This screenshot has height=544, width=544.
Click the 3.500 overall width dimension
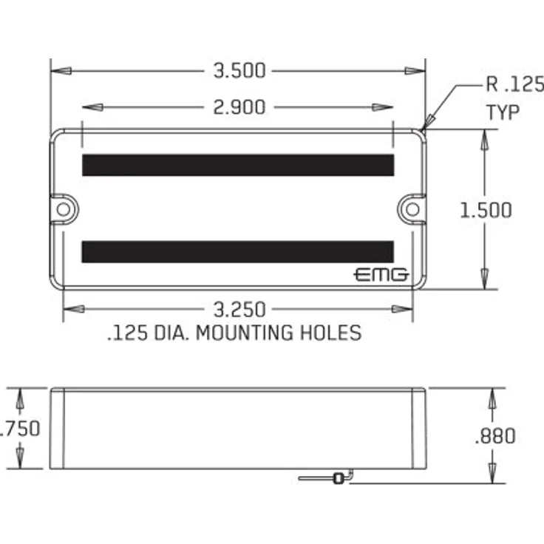click(239, 71)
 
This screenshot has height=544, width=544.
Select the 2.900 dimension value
click(239, 107)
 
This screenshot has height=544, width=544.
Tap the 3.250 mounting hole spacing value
click(239, 310)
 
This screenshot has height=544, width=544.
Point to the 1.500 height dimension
click(486, 210)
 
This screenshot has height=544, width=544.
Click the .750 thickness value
click(19, 429)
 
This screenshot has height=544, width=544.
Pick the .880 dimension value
click(495, 436)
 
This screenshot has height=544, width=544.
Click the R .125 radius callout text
click(515, 84)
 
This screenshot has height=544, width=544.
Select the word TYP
click(503, 112)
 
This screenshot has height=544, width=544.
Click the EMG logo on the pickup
click(381, 275)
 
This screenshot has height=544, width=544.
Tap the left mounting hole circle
click(64, 210)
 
